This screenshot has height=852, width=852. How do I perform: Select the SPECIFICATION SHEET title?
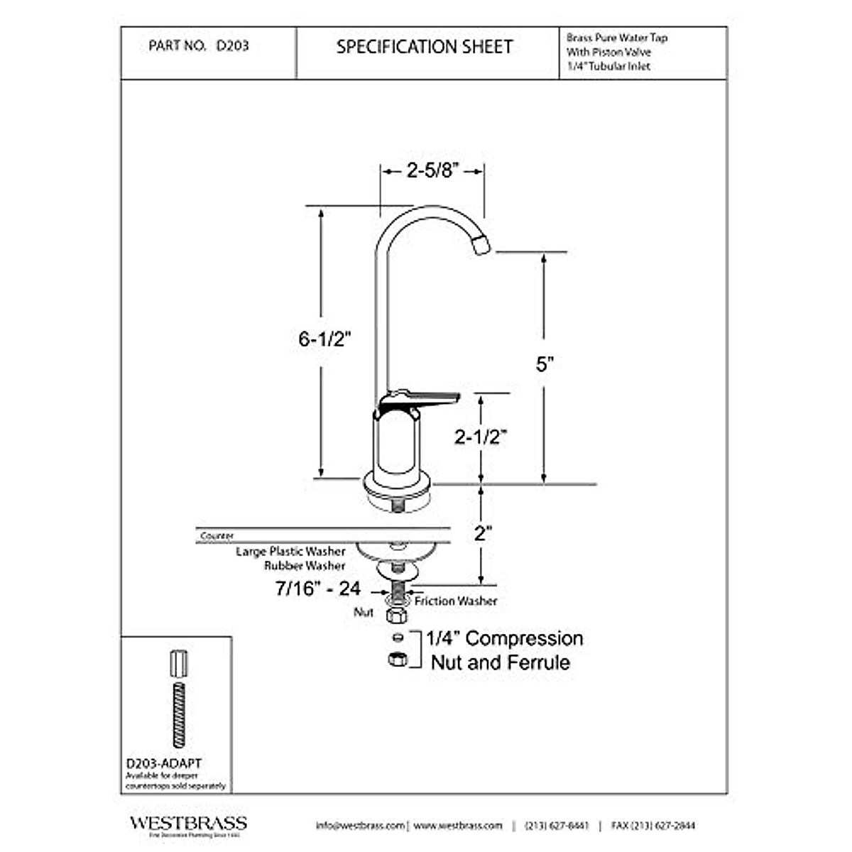pyautogui.click(x=424, y=48)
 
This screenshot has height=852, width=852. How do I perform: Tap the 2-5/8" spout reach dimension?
pyautogui.click(x=433, y=170)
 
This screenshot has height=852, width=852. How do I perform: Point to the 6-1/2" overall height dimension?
pyautogui.click(x=325, y=339)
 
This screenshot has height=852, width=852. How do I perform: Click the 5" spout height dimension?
pyautogui.click(x=544, y=364)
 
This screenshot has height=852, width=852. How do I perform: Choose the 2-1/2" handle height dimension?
pyautogui.click(x=481, y=437)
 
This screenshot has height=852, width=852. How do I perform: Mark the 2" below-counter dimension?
pyautogui.click(x=483, y=533)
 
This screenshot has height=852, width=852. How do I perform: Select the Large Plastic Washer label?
pyautogui.click(x=290, y=551)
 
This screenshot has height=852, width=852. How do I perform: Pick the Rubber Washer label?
pyautogui.click(x=305, y=566)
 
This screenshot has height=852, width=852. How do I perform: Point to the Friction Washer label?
pyautogui.click(x=456, y=601)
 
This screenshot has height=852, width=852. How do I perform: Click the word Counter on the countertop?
pyautogui.click(x=217, y=536)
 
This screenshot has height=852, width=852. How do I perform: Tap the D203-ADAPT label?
pyautogui.click(x=163, y=763)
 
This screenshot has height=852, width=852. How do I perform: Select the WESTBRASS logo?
pyautogui.click(x=188, y=824)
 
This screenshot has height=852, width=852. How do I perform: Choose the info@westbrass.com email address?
pyautogui.click(x=360, y=826)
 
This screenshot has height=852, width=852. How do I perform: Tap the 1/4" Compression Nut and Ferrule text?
pyautogui.click(x=504, y=650)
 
